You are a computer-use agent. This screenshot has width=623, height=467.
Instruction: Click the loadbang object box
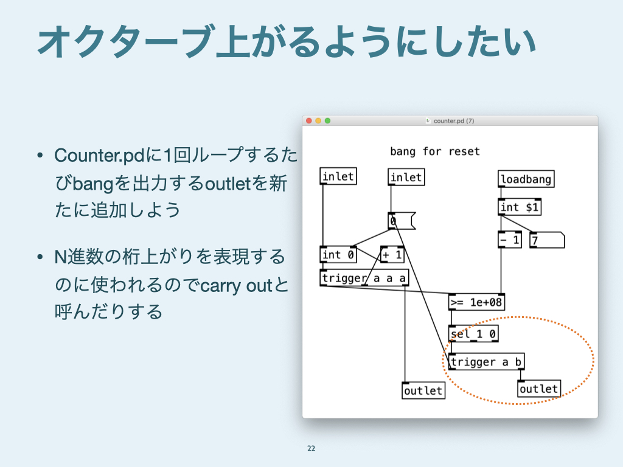point(526,179)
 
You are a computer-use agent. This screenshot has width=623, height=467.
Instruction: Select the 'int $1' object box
point(519,207)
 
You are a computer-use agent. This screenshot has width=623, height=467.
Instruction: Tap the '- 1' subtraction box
point(510,240)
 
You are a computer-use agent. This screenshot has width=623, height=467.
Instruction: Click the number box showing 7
point(546,240)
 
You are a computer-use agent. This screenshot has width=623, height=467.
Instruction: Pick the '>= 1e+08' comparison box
point(477,302)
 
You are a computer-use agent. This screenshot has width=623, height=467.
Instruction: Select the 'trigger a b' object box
point(486,362)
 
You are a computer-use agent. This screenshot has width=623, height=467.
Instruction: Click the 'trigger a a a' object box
point(364,278)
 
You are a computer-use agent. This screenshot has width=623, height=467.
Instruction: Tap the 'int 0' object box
point(338,255)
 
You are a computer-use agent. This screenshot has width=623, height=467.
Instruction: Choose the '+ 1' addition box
point(392,255)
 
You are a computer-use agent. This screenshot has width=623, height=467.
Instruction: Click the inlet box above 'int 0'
point(338,176)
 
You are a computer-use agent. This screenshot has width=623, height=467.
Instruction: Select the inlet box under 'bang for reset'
point(406,178)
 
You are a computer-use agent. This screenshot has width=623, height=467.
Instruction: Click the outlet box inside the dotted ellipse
point(538,389)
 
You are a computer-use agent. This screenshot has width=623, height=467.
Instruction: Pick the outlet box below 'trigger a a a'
point(423,390)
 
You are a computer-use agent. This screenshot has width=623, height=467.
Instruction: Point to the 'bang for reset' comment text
point(434,151)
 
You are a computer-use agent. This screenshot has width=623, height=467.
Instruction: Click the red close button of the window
point(308,121)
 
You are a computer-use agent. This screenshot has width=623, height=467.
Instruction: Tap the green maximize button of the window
point(327,121)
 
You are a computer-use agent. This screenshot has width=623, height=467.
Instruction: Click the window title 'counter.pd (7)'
point(453,121)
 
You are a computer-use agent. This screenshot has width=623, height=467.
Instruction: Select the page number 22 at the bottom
point(311,449)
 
